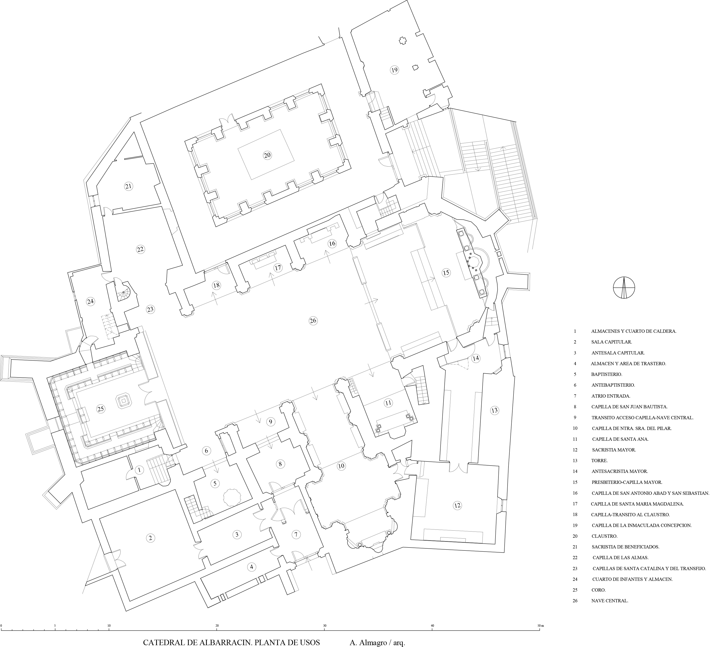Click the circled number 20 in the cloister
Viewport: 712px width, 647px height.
pyautogui.click(x=267, y=155)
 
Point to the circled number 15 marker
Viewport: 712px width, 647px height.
pyautogui.click(x=446, y=272)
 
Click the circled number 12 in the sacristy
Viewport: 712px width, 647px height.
pyautogui.click(x=457, y=505)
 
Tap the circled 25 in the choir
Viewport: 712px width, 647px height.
pyautogui.click(x=101, y=409)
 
